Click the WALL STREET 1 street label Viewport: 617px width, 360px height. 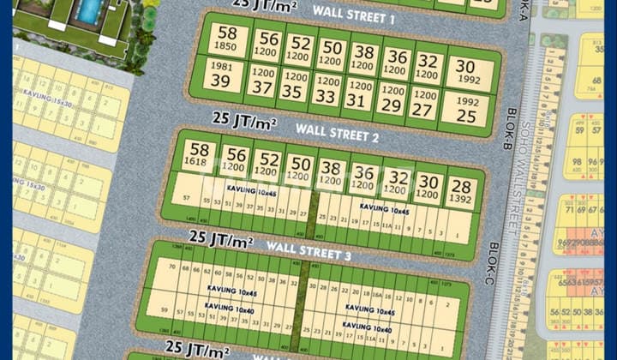(353, 16)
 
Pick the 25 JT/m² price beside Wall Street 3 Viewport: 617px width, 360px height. (221, 237)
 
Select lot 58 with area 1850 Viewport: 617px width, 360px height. (226, 38)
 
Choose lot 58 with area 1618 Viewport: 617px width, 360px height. (199, 153)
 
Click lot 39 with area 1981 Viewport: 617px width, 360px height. (220, 75)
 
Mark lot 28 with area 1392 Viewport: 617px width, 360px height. (461, 192)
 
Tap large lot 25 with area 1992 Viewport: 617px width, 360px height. (466, 108)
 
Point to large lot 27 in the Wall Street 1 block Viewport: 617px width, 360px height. (422, 103)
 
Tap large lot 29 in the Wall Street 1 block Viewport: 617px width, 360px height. (391, 99)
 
